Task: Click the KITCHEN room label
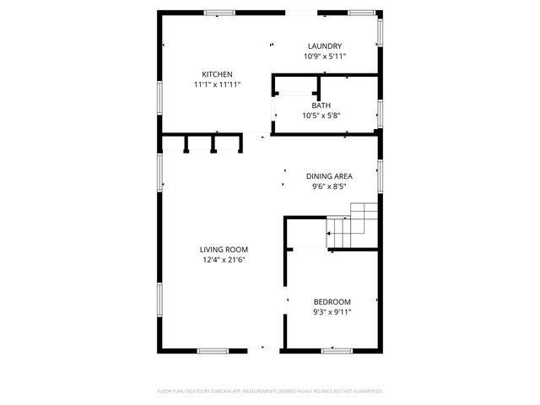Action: tap(217, 73)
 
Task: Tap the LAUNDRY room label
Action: tap(325, 46)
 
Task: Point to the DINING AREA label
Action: tap(328, 176)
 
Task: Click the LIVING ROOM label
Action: tap(224, 250)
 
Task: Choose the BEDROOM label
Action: tap(332, 301)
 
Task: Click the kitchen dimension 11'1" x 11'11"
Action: tap(217, 84)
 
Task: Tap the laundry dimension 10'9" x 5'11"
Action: tap(325, 57)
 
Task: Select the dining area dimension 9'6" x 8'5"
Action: tap(328, 187)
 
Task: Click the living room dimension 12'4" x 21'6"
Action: tap(224, 261)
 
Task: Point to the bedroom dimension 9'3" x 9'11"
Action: tap(332, 312)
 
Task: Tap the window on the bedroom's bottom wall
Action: tap(336, 350)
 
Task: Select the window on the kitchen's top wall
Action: tap(219, 13)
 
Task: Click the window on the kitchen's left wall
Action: tap(159, 96)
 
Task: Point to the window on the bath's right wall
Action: tap(380, 111)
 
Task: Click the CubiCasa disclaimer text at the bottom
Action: tap(270, 391)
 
